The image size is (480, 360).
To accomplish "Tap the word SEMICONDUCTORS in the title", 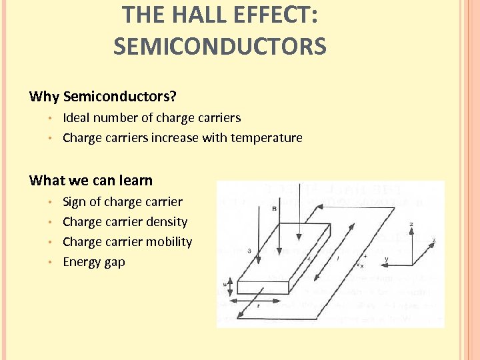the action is [219, 47].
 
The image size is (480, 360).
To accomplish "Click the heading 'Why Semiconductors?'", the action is [103, 97].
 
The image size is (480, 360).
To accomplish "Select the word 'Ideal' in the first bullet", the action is [76, 118].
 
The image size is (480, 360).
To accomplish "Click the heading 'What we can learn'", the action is [91, 181].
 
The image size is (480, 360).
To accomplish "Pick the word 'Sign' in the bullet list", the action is [75, 202].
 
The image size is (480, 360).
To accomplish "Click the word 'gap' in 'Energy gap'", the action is [114, 263].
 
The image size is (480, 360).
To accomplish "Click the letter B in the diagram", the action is [274, 209].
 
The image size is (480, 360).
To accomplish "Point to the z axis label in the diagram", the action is [411, 224].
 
